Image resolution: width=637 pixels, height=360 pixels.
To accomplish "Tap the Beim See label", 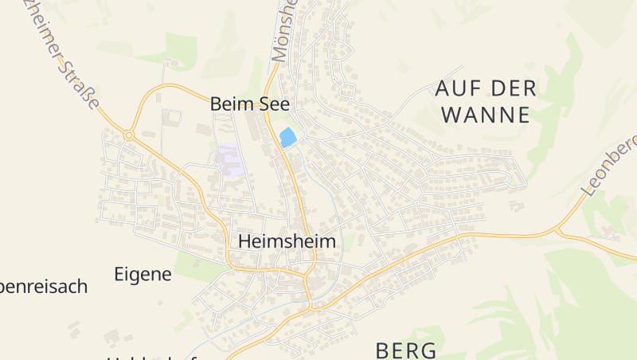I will [249, 104].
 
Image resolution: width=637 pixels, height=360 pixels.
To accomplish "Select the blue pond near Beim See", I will [287, 137].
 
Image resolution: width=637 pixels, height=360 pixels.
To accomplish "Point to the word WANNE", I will [485, 115].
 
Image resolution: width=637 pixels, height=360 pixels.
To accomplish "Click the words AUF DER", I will [486, 88].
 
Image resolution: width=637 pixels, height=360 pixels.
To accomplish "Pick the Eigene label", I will [143, 275].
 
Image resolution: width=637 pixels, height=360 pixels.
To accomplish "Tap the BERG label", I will [405, 350].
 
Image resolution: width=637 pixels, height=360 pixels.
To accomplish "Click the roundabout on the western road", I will [128, 135].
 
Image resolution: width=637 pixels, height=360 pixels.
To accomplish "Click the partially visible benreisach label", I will [43, 287].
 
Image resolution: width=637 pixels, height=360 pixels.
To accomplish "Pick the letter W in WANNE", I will [450, 115].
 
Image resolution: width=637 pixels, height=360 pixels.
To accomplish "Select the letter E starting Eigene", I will [119, 275].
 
